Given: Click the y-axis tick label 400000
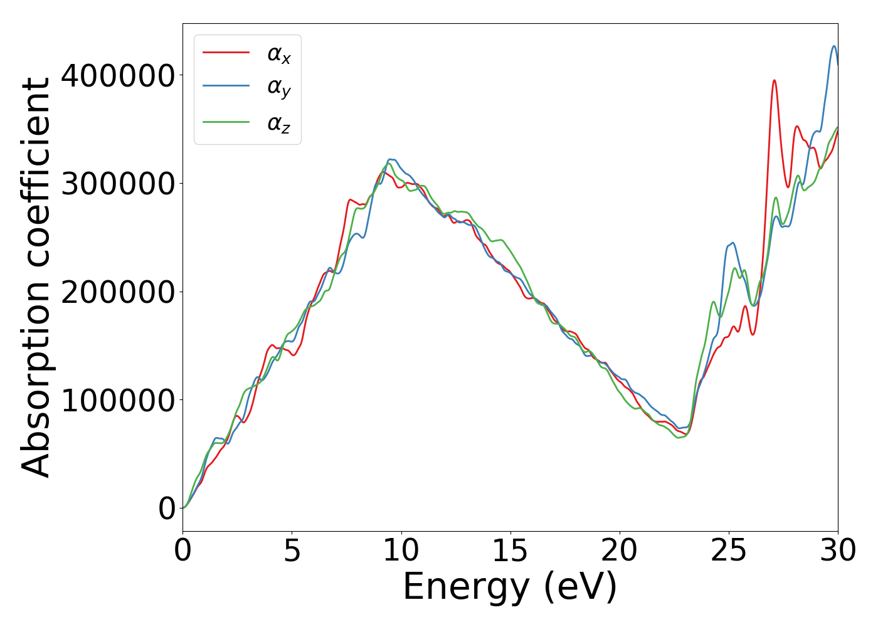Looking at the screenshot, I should point(117,76).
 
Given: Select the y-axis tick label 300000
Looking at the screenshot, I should point(117,184).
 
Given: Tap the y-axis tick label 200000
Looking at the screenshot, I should point(117,292).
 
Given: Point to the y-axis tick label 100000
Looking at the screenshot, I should point(117,400).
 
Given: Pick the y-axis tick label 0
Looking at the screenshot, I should point(167,508).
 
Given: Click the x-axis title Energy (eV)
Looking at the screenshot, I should point(510,587).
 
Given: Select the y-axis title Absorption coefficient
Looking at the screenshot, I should point(36,277).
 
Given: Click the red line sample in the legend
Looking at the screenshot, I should point(226,53).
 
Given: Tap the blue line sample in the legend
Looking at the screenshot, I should point(226,87).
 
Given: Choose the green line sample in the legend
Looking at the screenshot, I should point(226,122).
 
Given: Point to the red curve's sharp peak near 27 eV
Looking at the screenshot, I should point(775,80).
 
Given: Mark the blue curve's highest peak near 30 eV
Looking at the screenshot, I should point(834,46).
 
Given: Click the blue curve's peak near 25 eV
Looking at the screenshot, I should point(732,243).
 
